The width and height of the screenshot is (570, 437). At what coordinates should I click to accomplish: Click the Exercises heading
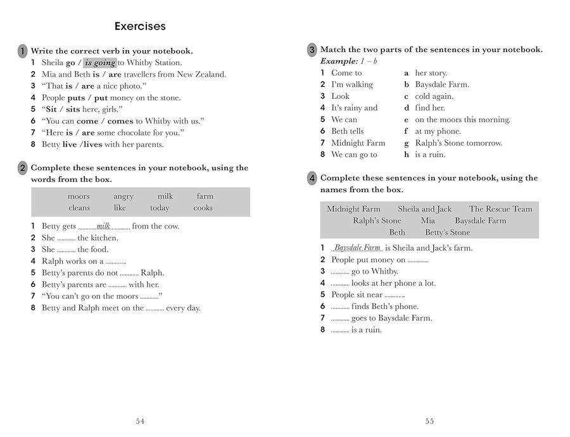(x=140, y=27)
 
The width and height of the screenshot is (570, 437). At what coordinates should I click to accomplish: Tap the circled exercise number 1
(x=22, y=51)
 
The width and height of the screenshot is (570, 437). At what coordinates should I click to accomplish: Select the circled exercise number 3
(x=312, y=50)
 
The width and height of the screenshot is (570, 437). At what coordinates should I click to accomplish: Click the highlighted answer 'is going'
(x=100, y=63)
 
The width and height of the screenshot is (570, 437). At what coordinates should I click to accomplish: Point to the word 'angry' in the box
(x=123, y=196)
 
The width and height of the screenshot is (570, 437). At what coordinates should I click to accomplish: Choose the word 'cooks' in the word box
(x=203, y=208)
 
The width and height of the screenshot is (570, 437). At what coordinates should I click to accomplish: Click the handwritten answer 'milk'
(x=104, y=226)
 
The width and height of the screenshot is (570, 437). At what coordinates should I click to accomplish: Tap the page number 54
(x=141, y=421)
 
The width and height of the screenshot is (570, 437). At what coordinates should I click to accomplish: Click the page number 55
(x=429, y=421)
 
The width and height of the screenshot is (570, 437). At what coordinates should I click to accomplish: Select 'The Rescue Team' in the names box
(x=500, y=209)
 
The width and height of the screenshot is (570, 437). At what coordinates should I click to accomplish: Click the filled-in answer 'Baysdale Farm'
(x=357, y=248)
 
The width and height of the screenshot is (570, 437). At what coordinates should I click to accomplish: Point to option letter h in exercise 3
(x=407, y=155)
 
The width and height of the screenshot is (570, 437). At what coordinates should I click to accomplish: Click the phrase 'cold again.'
(x=434, y=96)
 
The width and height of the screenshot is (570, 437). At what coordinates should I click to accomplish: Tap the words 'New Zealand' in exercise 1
(x=203, y=74)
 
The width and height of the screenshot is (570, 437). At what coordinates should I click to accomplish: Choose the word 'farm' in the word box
(x=205, y=196)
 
